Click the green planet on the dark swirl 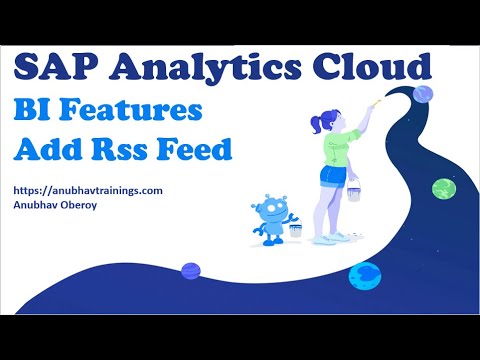[x=443, y=188]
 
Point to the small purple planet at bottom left [x=191, y=270]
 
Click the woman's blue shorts [x=334, y=176]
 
